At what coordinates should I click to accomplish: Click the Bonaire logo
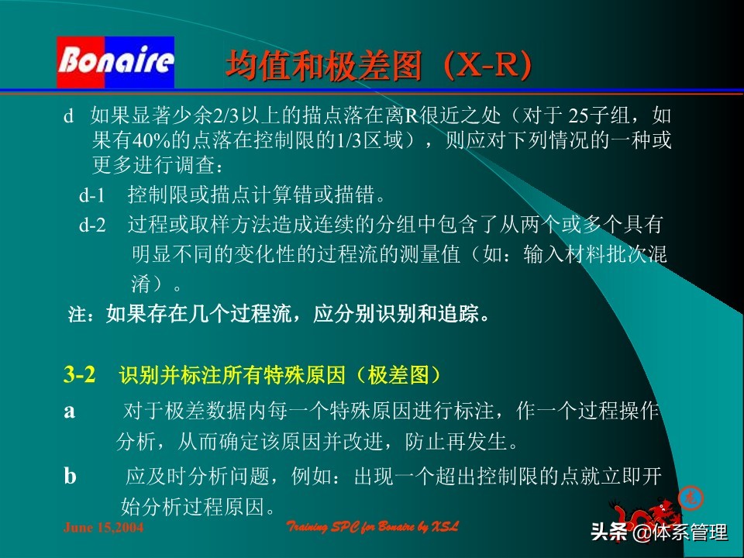click(115, 61)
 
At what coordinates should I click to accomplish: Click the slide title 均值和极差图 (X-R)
click(379, 66)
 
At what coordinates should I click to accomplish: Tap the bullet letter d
click(68, 116)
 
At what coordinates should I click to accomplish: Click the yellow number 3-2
click(80, 375)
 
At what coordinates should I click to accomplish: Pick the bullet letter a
click(70, 411)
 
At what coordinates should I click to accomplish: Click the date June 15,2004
click(102, 528)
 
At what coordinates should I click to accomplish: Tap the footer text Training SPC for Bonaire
click(373, 527)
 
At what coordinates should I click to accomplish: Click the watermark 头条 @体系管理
click(660, 532)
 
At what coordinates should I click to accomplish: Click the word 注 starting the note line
click(75, 315)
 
